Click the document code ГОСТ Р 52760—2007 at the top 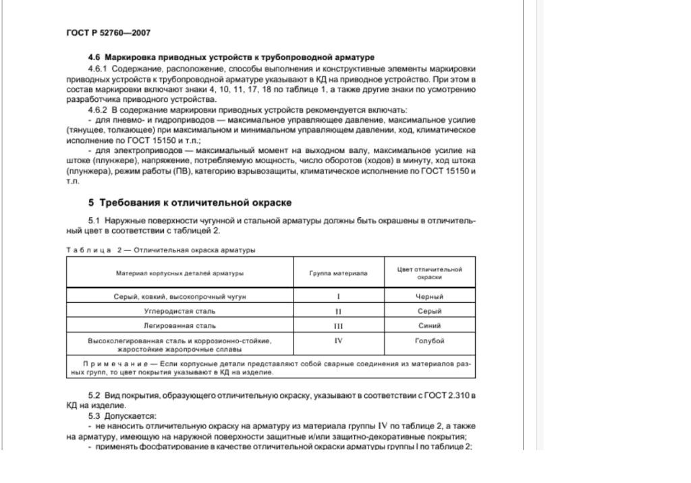pos(109,32)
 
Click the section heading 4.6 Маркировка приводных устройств pos(231,57)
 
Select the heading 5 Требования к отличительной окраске pos(190,202)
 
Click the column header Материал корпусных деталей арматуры pos(179,273)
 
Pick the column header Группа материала pos(339,273)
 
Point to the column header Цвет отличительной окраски pos(430,273)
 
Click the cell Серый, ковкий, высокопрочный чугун pos(179,296)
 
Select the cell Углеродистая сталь pos(179,311)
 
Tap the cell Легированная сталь pos(179,326)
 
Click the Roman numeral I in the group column pos(339,296)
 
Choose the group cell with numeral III pos(339,326)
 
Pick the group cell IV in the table pos(339,341)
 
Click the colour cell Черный pos(430,296)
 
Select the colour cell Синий pos(430,326)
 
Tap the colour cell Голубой pos(430,341)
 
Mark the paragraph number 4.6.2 pos(98,109)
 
